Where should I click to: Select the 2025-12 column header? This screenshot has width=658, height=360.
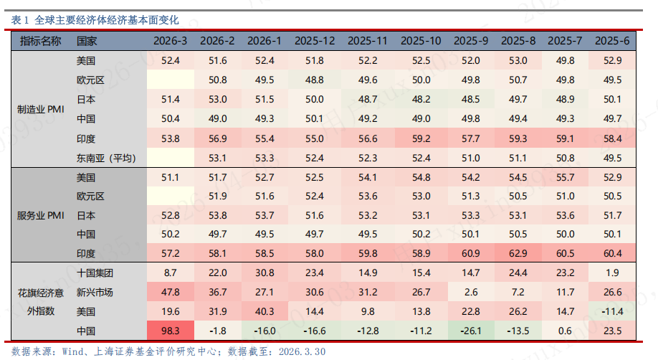314,41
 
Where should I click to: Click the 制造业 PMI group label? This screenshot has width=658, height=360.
42,110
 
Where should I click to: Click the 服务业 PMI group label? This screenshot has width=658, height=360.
42,215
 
